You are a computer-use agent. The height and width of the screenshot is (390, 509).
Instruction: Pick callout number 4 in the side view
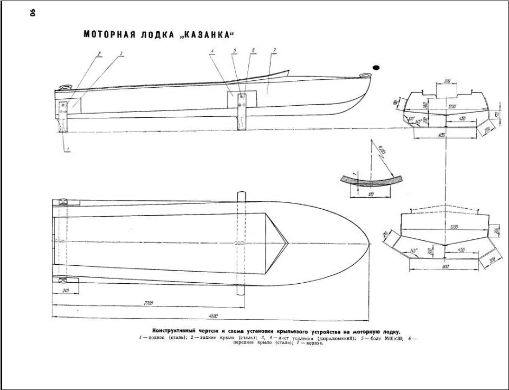pos(212,51)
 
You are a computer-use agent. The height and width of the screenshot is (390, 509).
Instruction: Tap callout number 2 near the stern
pos(98,53)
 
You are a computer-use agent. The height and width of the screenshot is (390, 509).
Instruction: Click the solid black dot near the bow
pos(376,68)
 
